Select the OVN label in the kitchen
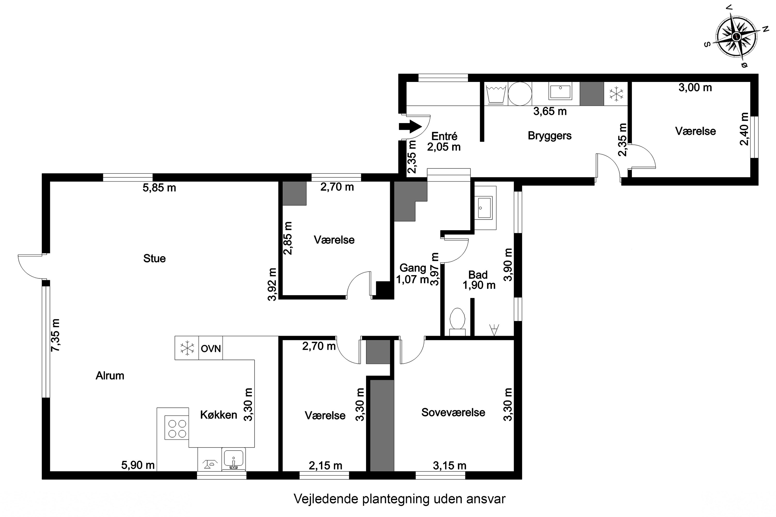tap(211, 348)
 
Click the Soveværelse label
tap(453, 413)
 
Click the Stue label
tap(154, 258)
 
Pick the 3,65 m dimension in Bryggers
tap(550, 111)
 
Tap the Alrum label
tap(110, 376)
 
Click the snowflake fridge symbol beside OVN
tap(187, 348)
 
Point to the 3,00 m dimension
tap(695, 88)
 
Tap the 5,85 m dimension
tap(159, 188)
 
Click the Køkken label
tap(219, 415)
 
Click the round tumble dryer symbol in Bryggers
tap(520, 94)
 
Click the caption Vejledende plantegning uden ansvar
tap(400, 499)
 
